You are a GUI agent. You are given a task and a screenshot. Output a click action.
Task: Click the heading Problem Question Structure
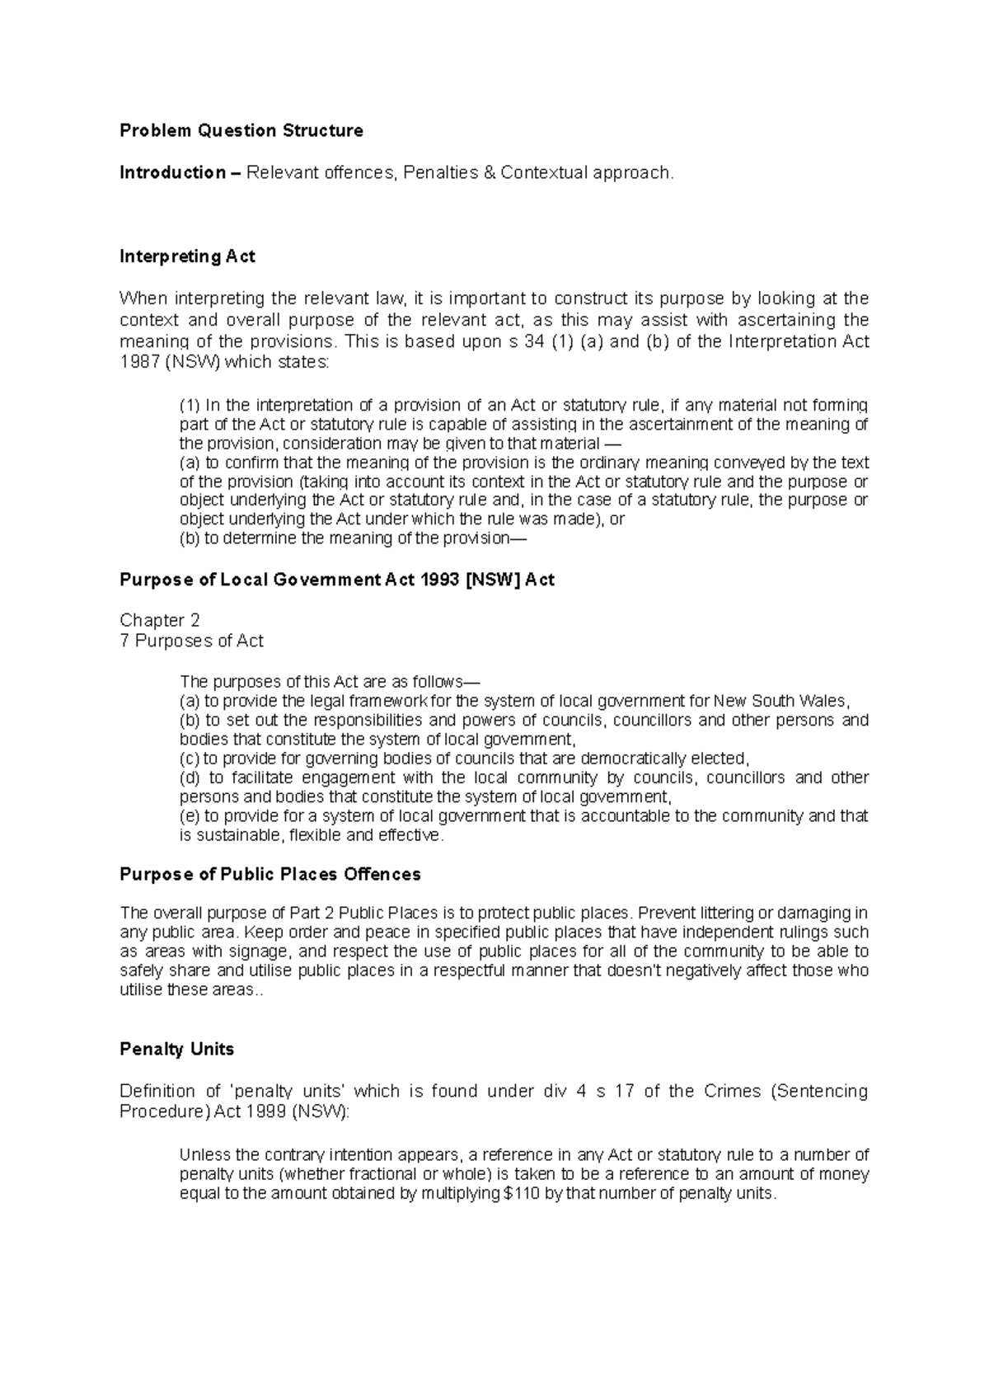click(241, 130)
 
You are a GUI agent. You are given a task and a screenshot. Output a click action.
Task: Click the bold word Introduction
click(172, 172)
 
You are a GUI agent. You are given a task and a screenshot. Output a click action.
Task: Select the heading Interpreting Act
click(187, 256)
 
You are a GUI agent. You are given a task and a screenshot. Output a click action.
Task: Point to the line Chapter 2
click(160, 620)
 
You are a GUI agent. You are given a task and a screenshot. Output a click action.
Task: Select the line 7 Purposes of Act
click(191, 641)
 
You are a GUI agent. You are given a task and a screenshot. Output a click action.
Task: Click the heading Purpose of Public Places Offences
click(270, 874)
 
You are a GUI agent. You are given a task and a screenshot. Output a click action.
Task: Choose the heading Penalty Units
click(176, 1050)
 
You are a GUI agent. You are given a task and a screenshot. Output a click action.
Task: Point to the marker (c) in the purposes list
click(190, 759)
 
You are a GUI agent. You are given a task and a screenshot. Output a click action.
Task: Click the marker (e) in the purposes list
click(190, 816)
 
